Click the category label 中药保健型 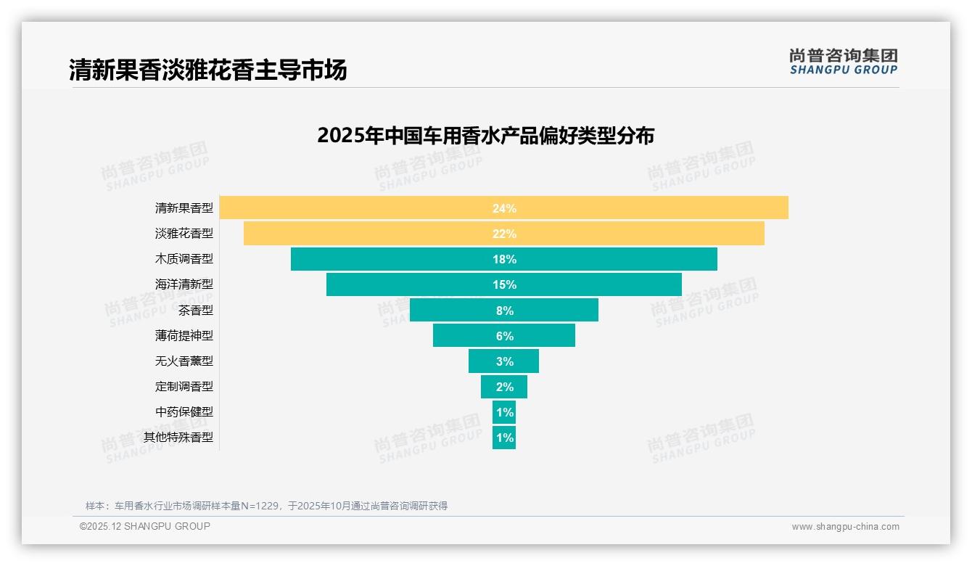pos(184,411)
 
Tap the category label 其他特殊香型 pos(178,437)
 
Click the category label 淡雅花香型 pos(184,233)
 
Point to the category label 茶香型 pos(196,310)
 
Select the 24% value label pos(504,208)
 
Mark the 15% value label pos(504,284)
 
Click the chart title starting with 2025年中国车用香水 pos(485,136)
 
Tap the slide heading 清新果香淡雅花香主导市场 pos(208,70)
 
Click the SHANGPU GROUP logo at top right pos(843,62)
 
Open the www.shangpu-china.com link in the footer pos(845,527)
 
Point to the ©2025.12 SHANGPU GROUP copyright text pos(145,526)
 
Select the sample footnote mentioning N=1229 pos(266,506)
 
